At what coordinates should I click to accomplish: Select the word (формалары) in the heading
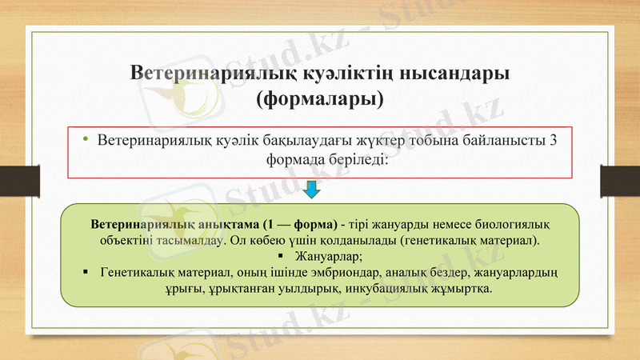(319, 101)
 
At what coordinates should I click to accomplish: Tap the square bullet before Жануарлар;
(278, 256)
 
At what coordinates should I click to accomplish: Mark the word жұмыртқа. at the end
(460, 290)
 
